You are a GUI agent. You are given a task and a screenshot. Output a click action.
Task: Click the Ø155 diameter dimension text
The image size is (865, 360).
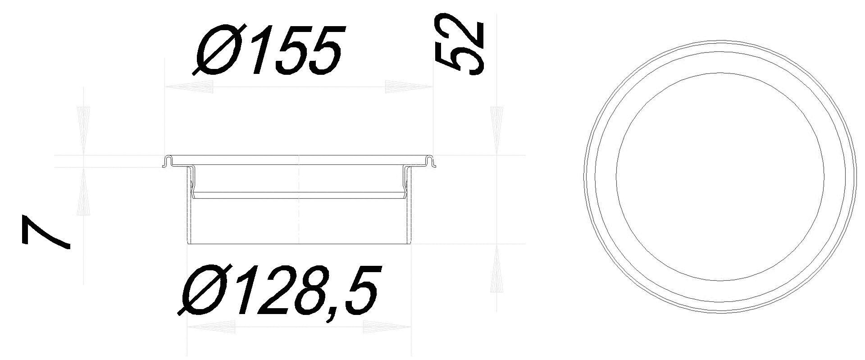coord(269,50)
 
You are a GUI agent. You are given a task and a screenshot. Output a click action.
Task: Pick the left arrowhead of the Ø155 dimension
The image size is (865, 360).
coord(189,87)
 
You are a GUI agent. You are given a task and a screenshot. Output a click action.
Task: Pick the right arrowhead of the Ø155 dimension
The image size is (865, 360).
coord(408,87)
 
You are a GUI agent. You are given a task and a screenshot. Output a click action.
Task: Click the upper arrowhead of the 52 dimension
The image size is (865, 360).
coord(496,131)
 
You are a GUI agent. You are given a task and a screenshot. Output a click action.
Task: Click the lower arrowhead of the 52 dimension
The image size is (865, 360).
coord(496,269)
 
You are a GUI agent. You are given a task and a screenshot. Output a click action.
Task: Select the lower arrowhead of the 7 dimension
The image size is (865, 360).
coord(84,191)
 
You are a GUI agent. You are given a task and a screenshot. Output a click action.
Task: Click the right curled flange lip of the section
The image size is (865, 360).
coord(431,161)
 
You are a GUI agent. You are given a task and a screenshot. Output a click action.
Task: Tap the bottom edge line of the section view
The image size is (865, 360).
coord(299,244)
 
